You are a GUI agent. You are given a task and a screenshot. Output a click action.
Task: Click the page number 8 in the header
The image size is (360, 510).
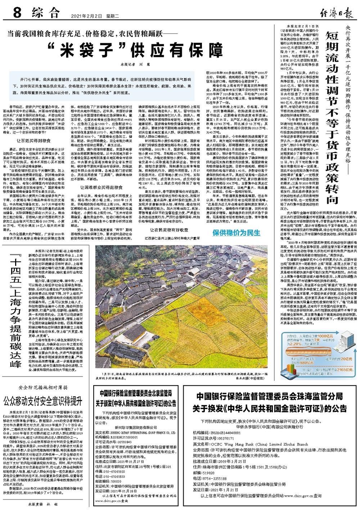click(x=17, y=14)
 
